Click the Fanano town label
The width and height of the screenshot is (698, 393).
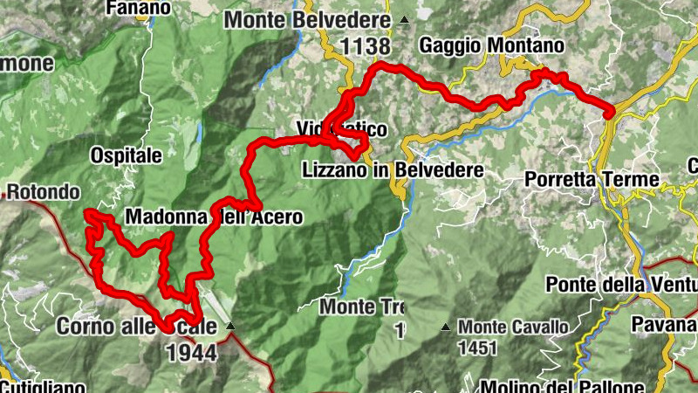136,8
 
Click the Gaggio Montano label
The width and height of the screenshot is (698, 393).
492,45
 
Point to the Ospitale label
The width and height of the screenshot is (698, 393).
127,156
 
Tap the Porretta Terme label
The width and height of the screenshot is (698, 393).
592,180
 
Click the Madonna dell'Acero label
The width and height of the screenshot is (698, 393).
214,217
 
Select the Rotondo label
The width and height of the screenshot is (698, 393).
44,191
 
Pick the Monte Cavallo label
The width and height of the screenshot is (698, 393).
515,327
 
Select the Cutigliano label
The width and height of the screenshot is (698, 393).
44,386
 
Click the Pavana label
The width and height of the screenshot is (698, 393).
672,326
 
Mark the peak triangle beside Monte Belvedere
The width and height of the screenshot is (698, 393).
404,19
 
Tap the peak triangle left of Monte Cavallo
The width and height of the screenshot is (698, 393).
446,327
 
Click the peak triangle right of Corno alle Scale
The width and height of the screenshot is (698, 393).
230,327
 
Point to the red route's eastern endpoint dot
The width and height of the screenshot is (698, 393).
608,110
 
